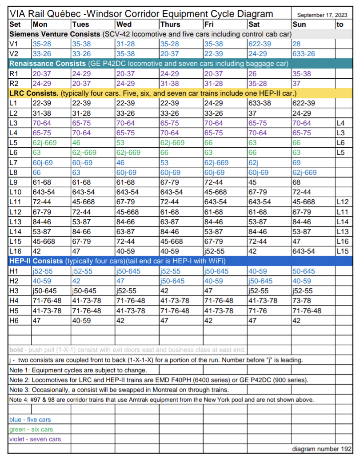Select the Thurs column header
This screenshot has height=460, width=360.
click(x=170, y=24)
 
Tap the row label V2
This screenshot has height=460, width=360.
click(x=14, y=53)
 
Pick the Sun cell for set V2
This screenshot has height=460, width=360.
click(x=304, y=53)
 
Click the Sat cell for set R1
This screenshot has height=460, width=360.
click(x=252, y=73)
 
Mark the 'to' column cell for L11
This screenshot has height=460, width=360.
click(x=341, y=202)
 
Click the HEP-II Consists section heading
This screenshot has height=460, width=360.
click(x=36, y=261)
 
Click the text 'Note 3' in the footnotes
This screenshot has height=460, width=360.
click(x=20, y=389)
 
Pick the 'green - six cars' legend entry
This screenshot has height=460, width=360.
click(x=31, y=429)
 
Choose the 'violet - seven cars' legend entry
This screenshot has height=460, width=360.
click(x=35, y=439)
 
